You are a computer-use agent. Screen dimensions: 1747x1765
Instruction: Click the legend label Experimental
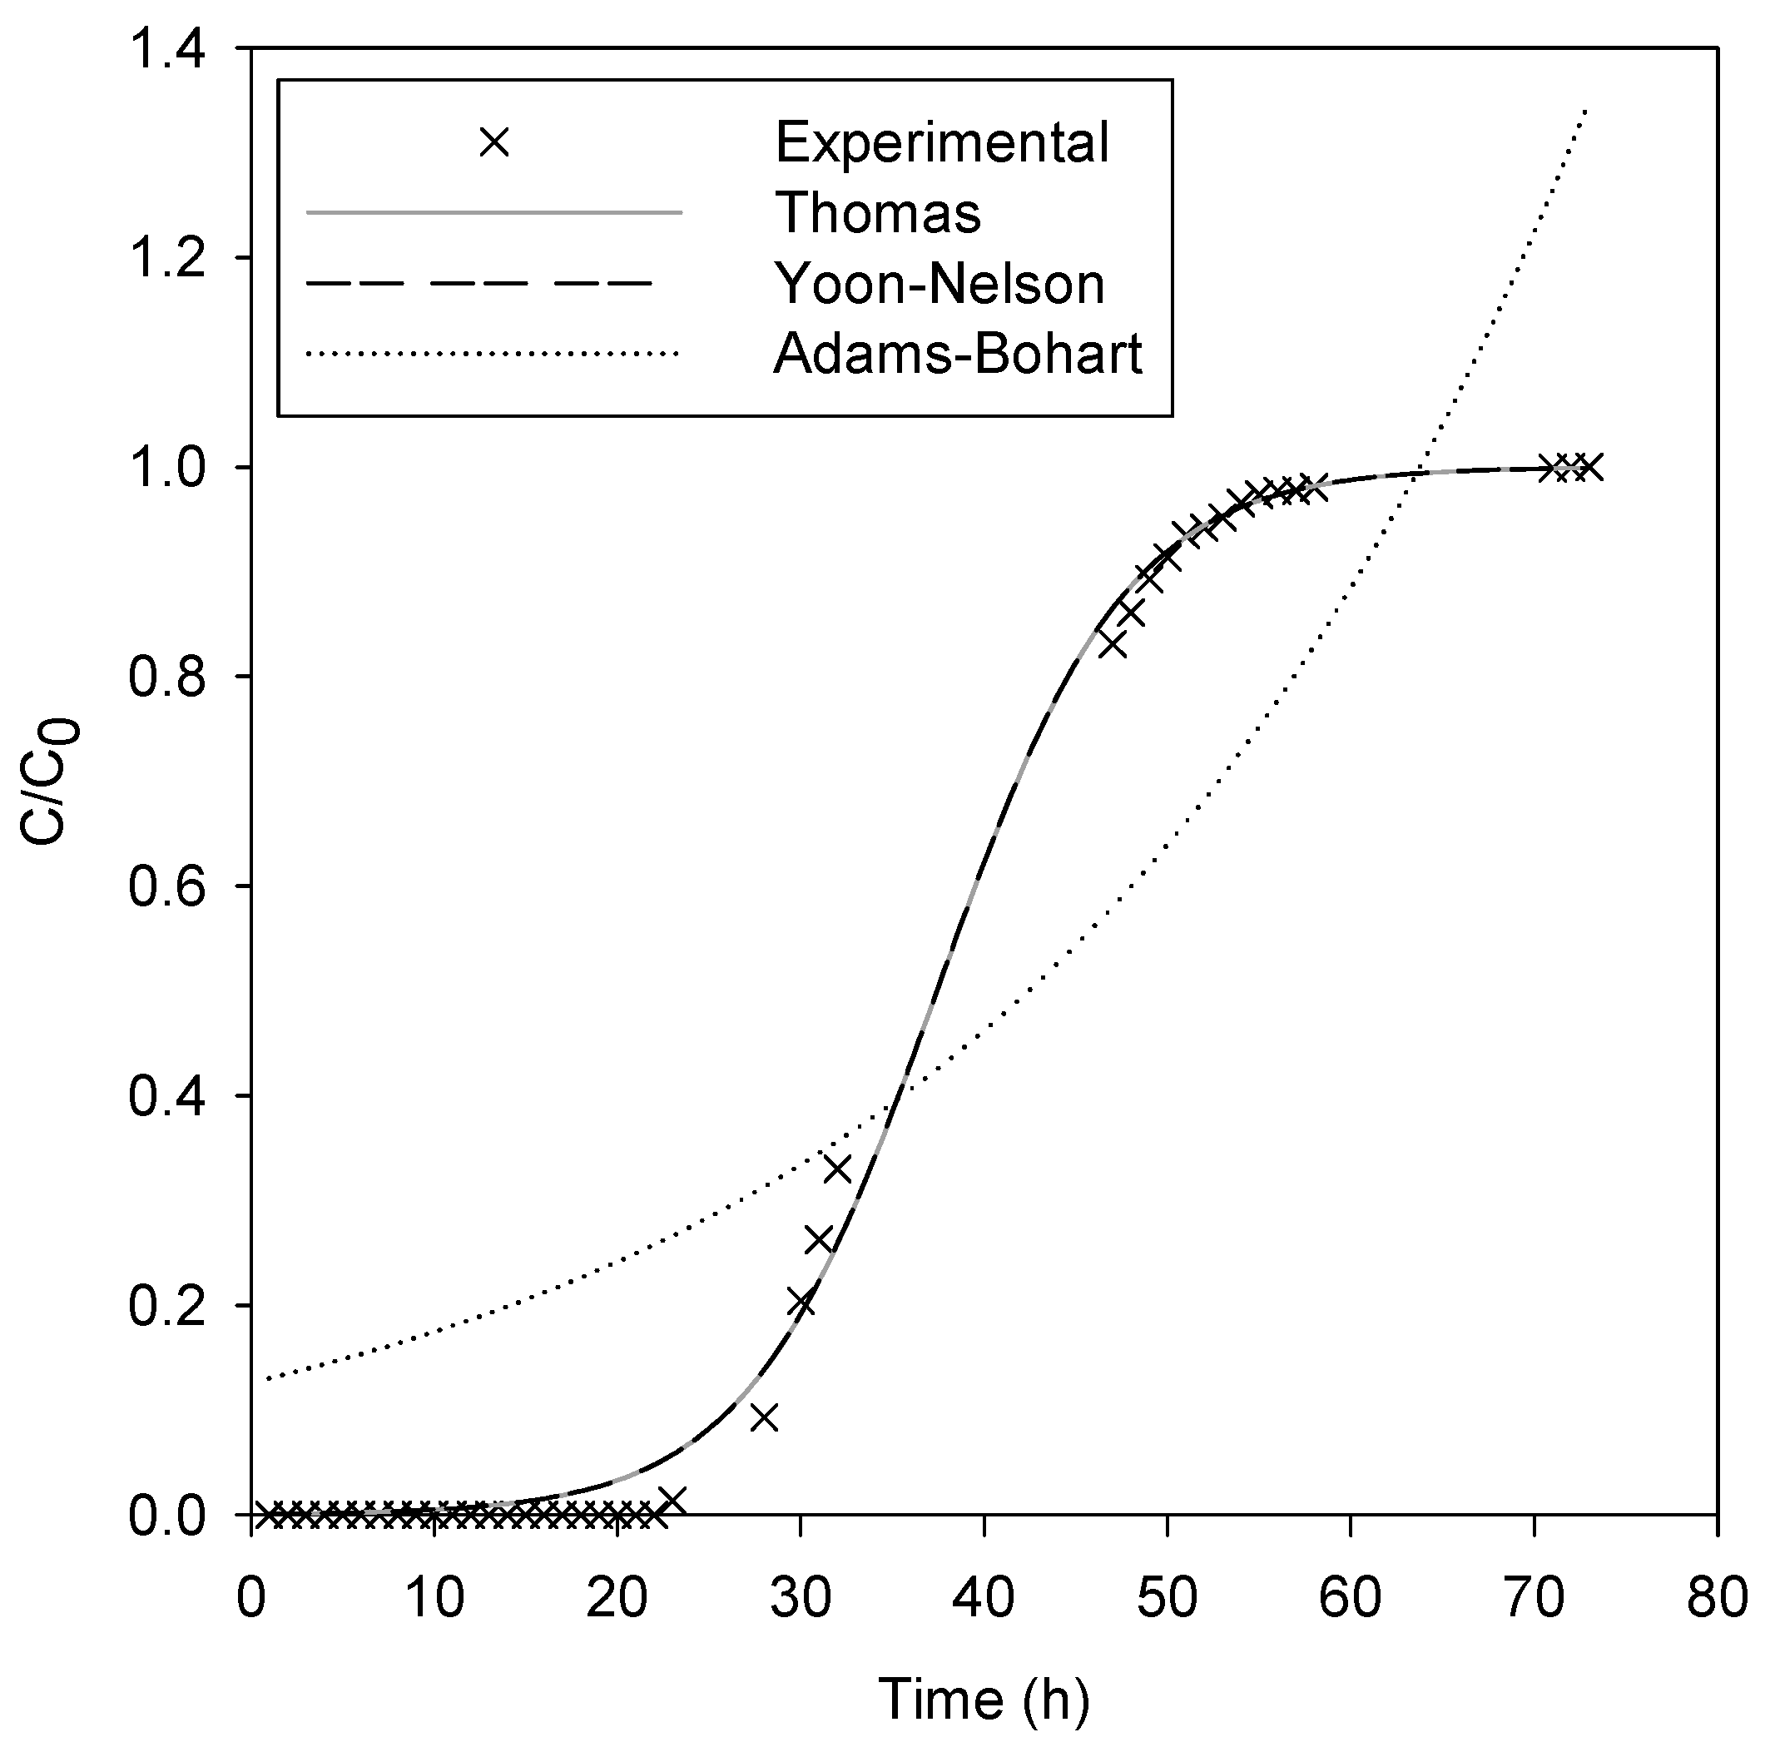[x=942, y=143]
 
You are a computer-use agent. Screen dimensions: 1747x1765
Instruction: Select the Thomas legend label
[x=878, y=213]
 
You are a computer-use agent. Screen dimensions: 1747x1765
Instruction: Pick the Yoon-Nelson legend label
[x=940, y=283]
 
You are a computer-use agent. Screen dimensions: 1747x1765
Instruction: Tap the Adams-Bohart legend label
[x=959, y=354]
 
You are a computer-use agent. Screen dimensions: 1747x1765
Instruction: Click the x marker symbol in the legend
[x=494, y=142]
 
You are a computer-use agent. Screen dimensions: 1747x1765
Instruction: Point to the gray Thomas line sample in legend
[x=494, y=213]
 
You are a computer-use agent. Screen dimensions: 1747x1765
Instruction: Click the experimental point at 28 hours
[x=764, y=1418]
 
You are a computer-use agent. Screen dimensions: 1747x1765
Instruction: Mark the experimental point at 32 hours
[x=837, y=1169]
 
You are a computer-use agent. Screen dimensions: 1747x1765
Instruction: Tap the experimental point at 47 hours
[x=1112, y=644]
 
